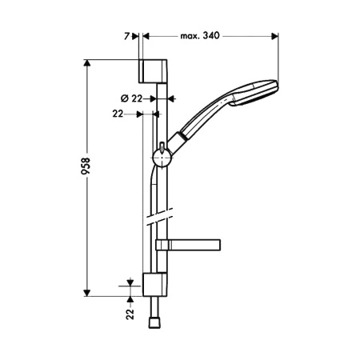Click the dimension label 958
[x=86, y=166]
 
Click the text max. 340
[x=200, y=35]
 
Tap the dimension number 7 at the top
[x=126, y=36]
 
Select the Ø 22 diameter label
[x=131, y=98]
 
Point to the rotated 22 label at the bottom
[x=130, y=314]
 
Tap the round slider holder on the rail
[x=162, y=158]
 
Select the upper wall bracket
[x=153, y=71]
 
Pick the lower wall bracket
[x=154, y=285]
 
